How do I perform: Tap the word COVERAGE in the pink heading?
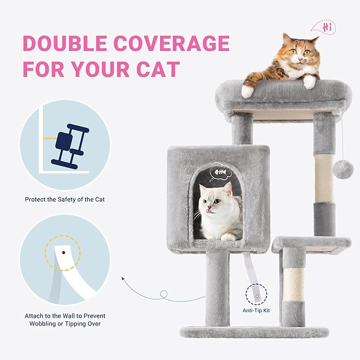point(171,43)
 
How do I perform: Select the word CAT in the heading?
point(158,69)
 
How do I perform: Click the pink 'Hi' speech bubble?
point(323,27)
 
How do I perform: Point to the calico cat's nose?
point(300,59)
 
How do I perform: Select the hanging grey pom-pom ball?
point(344,169)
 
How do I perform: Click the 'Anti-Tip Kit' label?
point(256,310)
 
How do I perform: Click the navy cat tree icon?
point(69,146)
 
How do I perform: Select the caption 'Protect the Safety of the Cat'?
point(65,199)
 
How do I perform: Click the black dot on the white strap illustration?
point(64,252)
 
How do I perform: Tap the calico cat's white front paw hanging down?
point(248,91)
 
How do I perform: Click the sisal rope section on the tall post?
point(324,179)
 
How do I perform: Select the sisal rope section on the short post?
point(294,284)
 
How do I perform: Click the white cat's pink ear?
point(228,189)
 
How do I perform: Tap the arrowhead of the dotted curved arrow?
point(123,278)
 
